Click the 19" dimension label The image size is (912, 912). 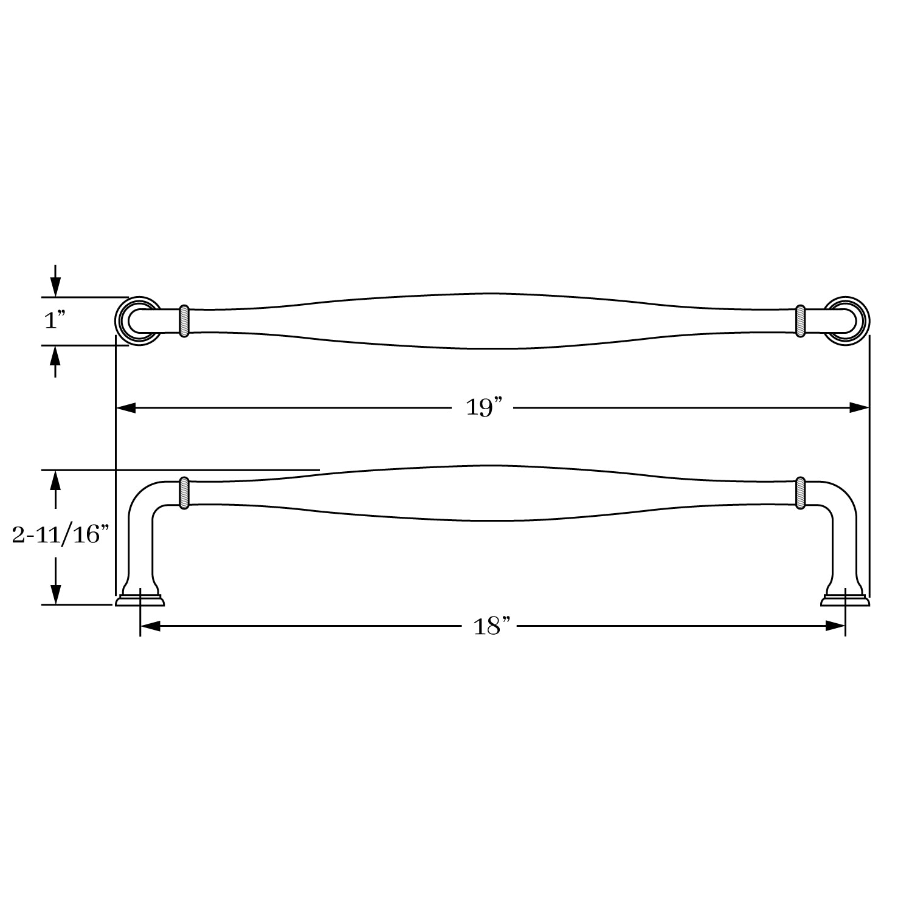coord(483,407)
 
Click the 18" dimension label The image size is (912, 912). coord(491,626)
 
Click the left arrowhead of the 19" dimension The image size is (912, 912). coord(126,407)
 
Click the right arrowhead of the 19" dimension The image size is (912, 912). coord(859,407)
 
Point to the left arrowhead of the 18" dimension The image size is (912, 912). coord(150,626)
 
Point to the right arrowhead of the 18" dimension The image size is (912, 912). coord(835,626)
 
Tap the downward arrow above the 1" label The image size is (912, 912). coord(56,280)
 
